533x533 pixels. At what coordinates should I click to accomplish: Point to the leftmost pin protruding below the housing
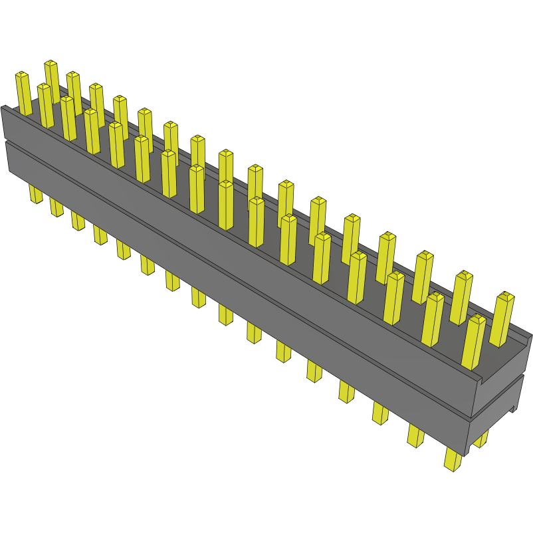point(35,193)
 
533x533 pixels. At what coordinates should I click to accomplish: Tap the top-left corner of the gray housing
point(4,108)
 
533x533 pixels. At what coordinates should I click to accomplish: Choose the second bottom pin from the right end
point(415,435)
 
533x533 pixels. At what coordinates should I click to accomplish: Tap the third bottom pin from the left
point(78,221)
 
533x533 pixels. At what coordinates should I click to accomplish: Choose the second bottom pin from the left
point(56,207)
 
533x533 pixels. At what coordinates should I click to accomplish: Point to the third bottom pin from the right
point(380,413)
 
